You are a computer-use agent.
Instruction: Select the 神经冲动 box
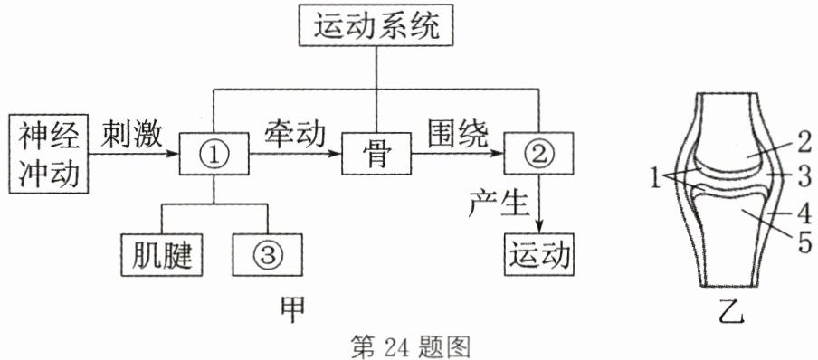point(50,155)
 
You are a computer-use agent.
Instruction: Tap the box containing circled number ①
point(214,154)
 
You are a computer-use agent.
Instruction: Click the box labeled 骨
point(376,154)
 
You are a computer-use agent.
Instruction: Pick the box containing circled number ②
point(539,154)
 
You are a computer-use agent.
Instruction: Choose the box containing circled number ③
point(267,254)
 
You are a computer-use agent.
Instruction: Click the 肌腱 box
point(162,254)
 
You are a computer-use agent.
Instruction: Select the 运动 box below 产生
point(539,254)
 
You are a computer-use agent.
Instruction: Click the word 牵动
point(295,136)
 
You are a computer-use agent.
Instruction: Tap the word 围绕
point(458,136)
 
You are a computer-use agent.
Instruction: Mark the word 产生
point(499,204)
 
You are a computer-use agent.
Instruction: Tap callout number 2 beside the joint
point(803,143)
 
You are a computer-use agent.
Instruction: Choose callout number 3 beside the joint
point(804,177)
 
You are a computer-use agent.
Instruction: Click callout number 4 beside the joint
point(804,213)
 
